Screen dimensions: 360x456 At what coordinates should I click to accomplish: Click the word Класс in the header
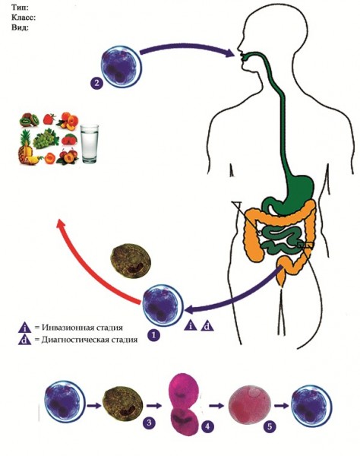coord(23,17)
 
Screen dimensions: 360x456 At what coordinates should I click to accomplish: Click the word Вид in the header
coord(19,28)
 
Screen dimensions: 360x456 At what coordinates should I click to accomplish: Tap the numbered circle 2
coord(96,83)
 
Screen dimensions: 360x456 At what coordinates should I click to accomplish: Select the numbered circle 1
coord(153,335)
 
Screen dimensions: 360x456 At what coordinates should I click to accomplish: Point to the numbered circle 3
coord(149,423)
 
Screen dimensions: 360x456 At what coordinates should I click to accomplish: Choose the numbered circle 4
coord(207,426)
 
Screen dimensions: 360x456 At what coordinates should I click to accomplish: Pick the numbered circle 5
coord(270,426)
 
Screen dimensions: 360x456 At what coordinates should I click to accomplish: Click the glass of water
coord(90,144)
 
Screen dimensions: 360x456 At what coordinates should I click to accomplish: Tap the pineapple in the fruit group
coord(26,147)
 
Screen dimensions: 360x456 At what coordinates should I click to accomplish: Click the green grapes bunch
coord(46,138)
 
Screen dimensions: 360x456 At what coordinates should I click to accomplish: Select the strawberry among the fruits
coord(49,119)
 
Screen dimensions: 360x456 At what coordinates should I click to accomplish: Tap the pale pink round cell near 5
coord(250,405)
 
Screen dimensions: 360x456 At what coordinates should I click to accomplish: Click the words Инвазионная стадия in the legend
coord(82,328)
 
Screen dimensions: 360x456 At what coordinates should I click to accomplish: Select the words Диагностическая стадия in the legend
coord(89,340)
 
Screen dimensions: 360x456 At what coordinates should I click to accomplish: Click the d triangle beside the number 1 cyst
coord(207,326)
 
